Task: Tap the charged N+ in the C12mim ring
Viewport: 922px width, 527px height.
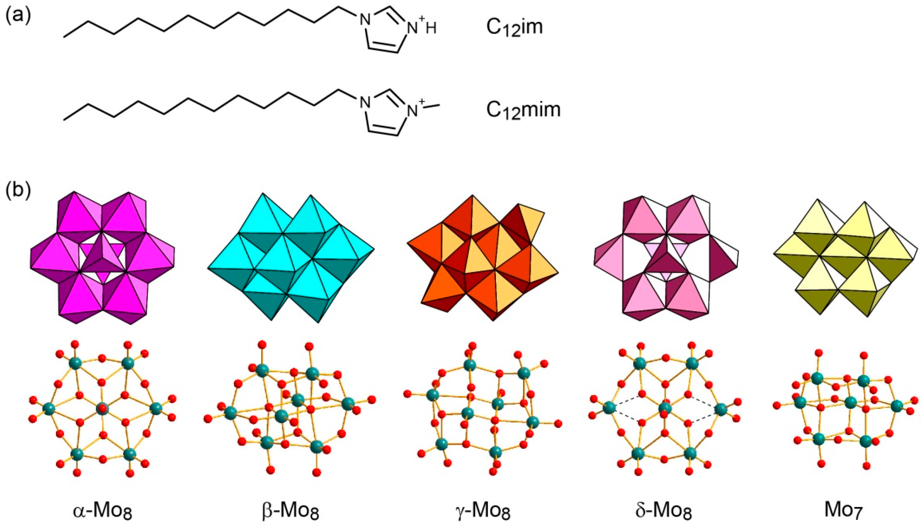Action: pos(413,110)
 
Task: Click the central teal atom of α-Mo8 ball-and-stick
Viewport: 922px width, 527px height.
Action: pos(102,408)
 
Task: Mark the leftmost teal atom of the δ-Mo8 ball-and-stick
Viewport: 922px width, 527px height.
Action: pos(609,408)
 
